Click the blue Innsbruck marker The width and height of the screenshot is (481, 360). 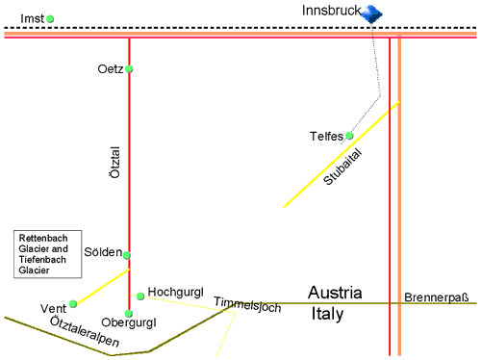tap(373, 13)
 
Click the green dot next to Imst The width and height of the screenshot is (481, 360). tap(50, 18)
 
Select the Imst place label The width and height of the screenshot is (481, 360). tap(32, 18)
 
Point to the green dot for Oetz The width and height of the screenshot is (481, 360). tap(129, 68)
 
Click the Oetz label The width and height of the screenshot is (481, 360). tap(111, 69)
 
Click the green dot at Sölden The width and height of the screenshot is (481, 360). tap(127, 255)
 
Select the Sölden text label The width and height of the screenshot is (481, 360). tap(105, 253)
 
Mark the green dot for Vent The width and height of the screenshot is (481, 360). tap(73, 304)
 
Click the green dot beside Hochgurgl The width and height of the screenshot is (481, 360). tap(140, 296)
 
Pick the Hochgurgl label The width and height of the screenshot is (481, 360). tap(172, 291)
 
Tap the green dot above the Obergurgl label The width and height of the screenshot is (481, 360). tap(129, 312)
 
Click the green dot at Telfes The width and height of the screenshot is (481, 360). tap(350, 136)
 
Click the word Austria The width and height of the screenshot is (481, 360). tap(334, 293)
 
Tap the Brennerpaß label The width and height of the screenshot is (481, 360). tap(436, 297)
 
